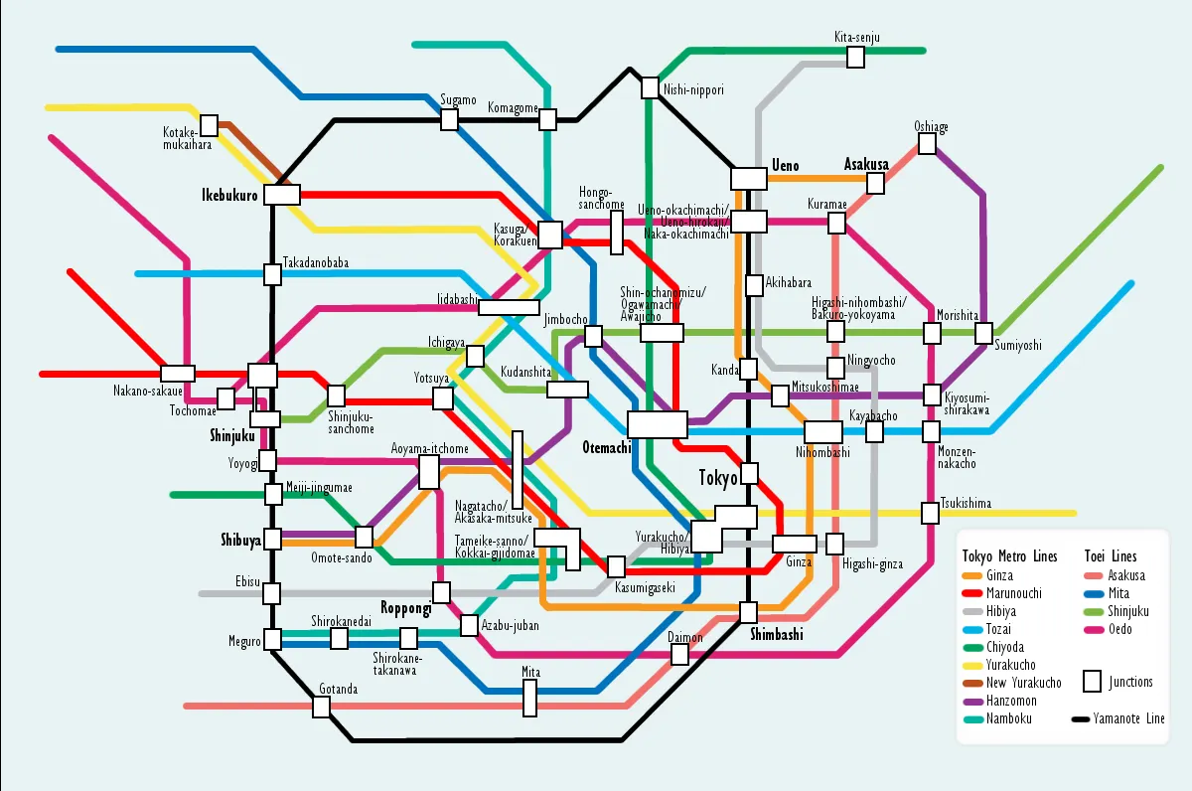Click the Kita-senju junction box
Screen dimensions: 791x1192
tap(855, 57)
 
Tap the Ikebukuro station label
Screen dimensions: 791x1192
tap(230, 195)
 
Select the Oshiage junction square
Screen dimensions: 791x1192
tap(927, 144)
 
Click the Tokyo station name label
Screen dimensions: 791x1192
tap(718, 478)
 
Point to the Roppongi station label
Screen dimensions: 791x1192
tap(405, 608)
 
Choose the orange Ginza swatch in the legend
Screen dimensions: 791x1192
tap(972, 576)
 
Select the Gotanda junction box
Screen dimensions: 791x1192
tap(321, 707)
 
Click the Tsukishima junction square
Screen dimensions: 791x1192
tap(930, 513)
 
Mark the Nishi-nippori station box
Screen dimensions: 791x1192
tap(649, 87)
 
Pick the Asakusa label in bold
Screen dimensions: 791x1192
tap(866, 164)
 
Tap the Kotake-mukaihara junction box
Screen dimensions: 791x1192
tap(209, 126)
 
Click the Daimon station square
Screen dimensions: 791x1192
tap(679, 654)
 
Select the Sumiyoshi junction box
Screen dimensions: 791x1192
tap(984, 331)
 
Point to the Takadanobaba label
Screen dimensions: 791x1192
tap(316, 262)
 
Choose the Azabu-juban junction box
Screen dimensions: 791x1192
tap(469, 626)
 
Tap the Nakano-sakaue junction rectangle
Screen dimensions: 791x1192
tap(178, 374)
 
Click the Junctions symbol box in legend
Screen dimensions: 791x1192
tap(1092, 682)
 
